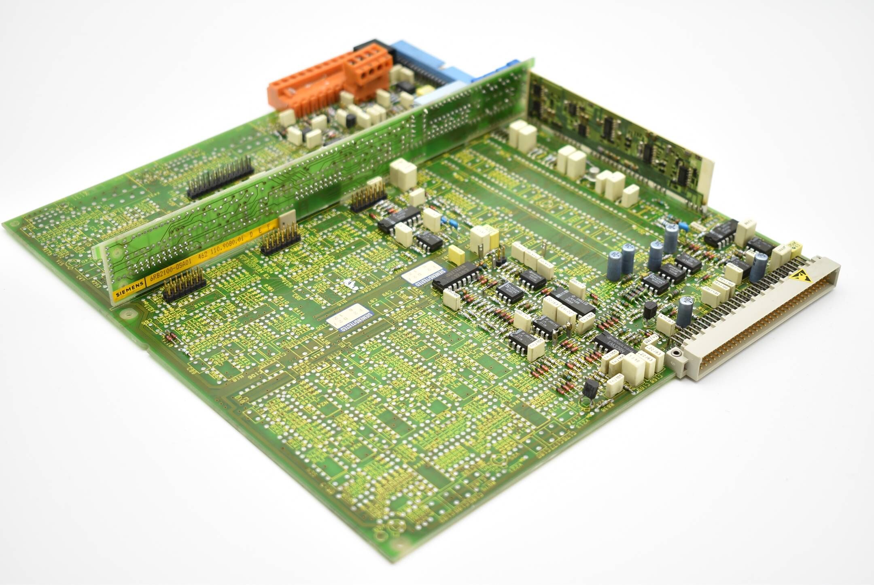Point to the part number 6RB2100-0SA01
[x=171, y=272]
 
